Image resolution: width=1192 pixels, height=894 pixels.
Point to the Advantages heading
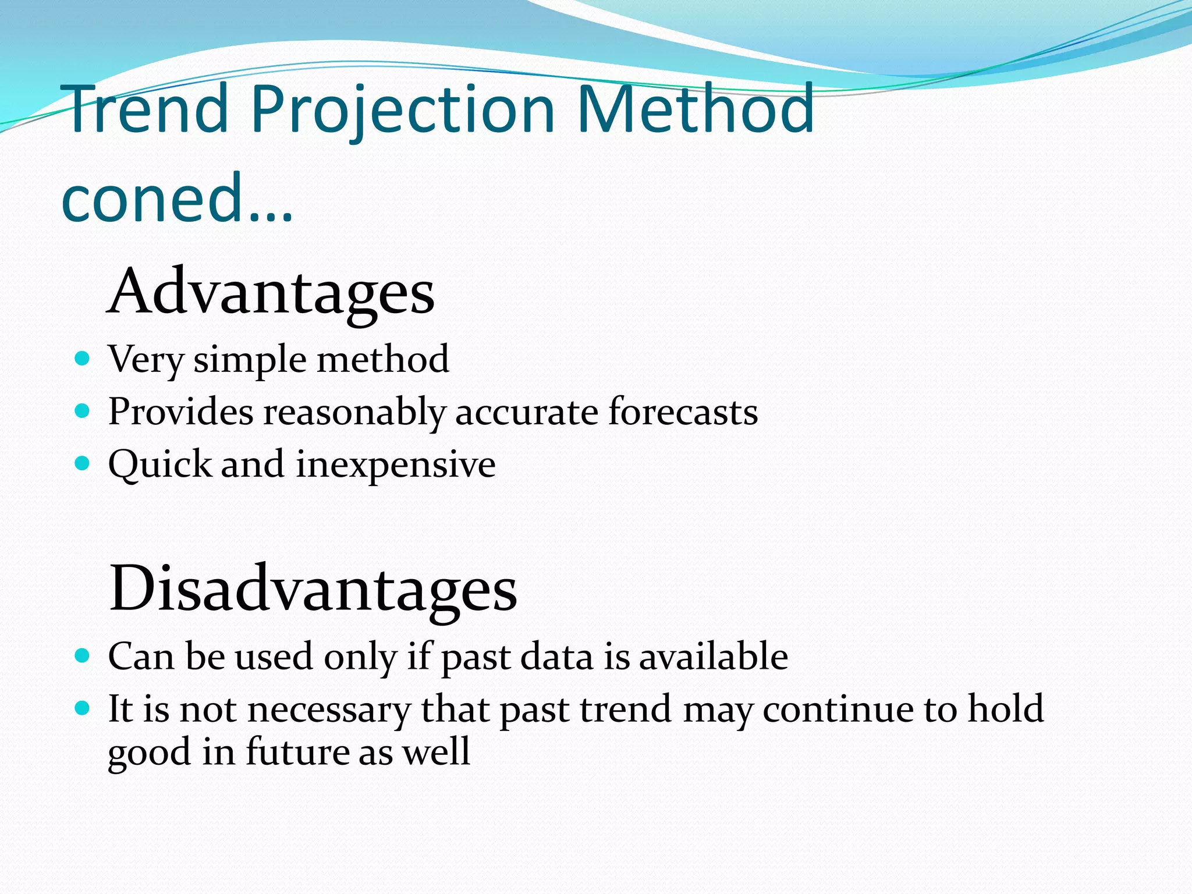pyautogui.click(x=271, y=291)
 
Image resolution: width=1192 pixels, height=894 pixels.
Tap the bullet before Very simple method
pyautogui.click(x=83, y=357)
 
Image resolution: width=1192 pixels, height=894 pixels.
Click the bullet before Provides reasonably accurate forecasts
pyautogui.click(x=83, y=411)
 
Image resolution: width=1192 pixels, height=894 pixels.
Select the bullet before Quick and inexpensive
pyautogui.click(x=83, y=463)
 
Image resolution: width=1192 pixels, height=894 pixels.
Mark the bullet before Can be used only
pyautogui.click(x=83, y=656)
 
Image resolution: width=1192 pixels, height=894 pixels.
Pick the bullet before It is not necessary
pyautogui.click(x=83, y=708)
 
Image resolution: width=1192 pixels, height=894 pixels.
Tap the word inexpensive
pyautogui.click(x=396, y=464)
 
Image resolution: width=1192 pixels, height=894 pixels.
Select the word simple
pyautogui.click(x=250, y=360)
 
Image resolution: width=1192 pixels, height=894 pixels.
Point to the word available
pyautogui.click(x=714, y=656)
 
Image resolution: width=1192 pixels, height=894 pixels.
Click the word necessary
pyautogui.click(x=329, y=710)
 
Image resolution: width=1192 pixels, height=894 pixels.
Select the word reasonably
pyautogui.click(x=354, y=413)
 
